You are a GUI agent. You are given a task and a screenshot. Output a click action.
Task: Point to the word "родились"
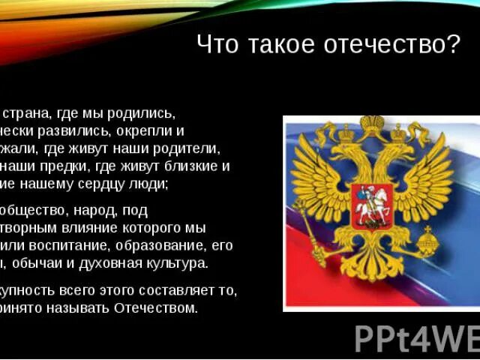(142, 114)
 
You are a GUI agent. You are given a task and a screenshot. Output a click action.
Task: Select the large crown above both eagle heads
(371, 124)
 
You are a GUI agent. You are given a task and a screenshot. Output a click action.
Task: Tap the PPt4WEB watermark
(417, 337)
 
